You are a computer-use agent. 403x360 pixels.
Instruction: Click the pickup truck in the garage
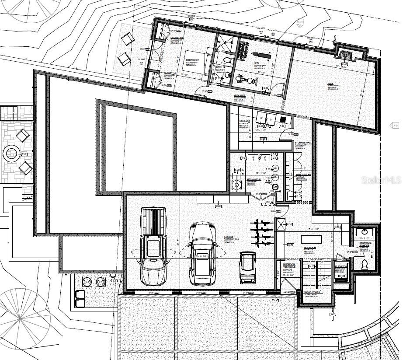coord(153,246)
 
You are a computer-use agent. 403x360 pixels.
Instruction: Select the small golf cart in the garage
coord(248,267)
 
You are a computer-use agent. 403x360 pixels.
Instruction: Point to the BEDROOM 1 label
coord(192,60)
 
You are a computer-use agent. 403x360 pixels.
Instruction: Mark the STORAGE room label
coord(244,121)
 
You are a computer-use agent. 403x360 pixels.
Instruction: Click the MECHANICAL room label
coord(254,179)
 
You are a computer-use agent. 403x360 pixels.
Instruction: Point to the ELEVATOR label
coord(341,266)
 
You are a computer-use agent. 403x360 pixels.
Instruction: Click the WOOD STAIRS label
coord(312,292)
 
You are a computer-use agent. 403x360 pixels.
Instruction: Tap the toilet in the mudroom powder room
coord(365,264)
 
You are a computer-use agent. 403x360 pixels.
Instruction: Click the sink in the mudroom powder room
coord(362,231)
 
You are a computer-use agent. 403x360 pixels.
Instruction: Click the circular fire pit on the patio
coord(11,153)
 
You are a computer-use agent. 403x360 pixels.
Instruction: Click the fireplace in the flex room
coord(345,55)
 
